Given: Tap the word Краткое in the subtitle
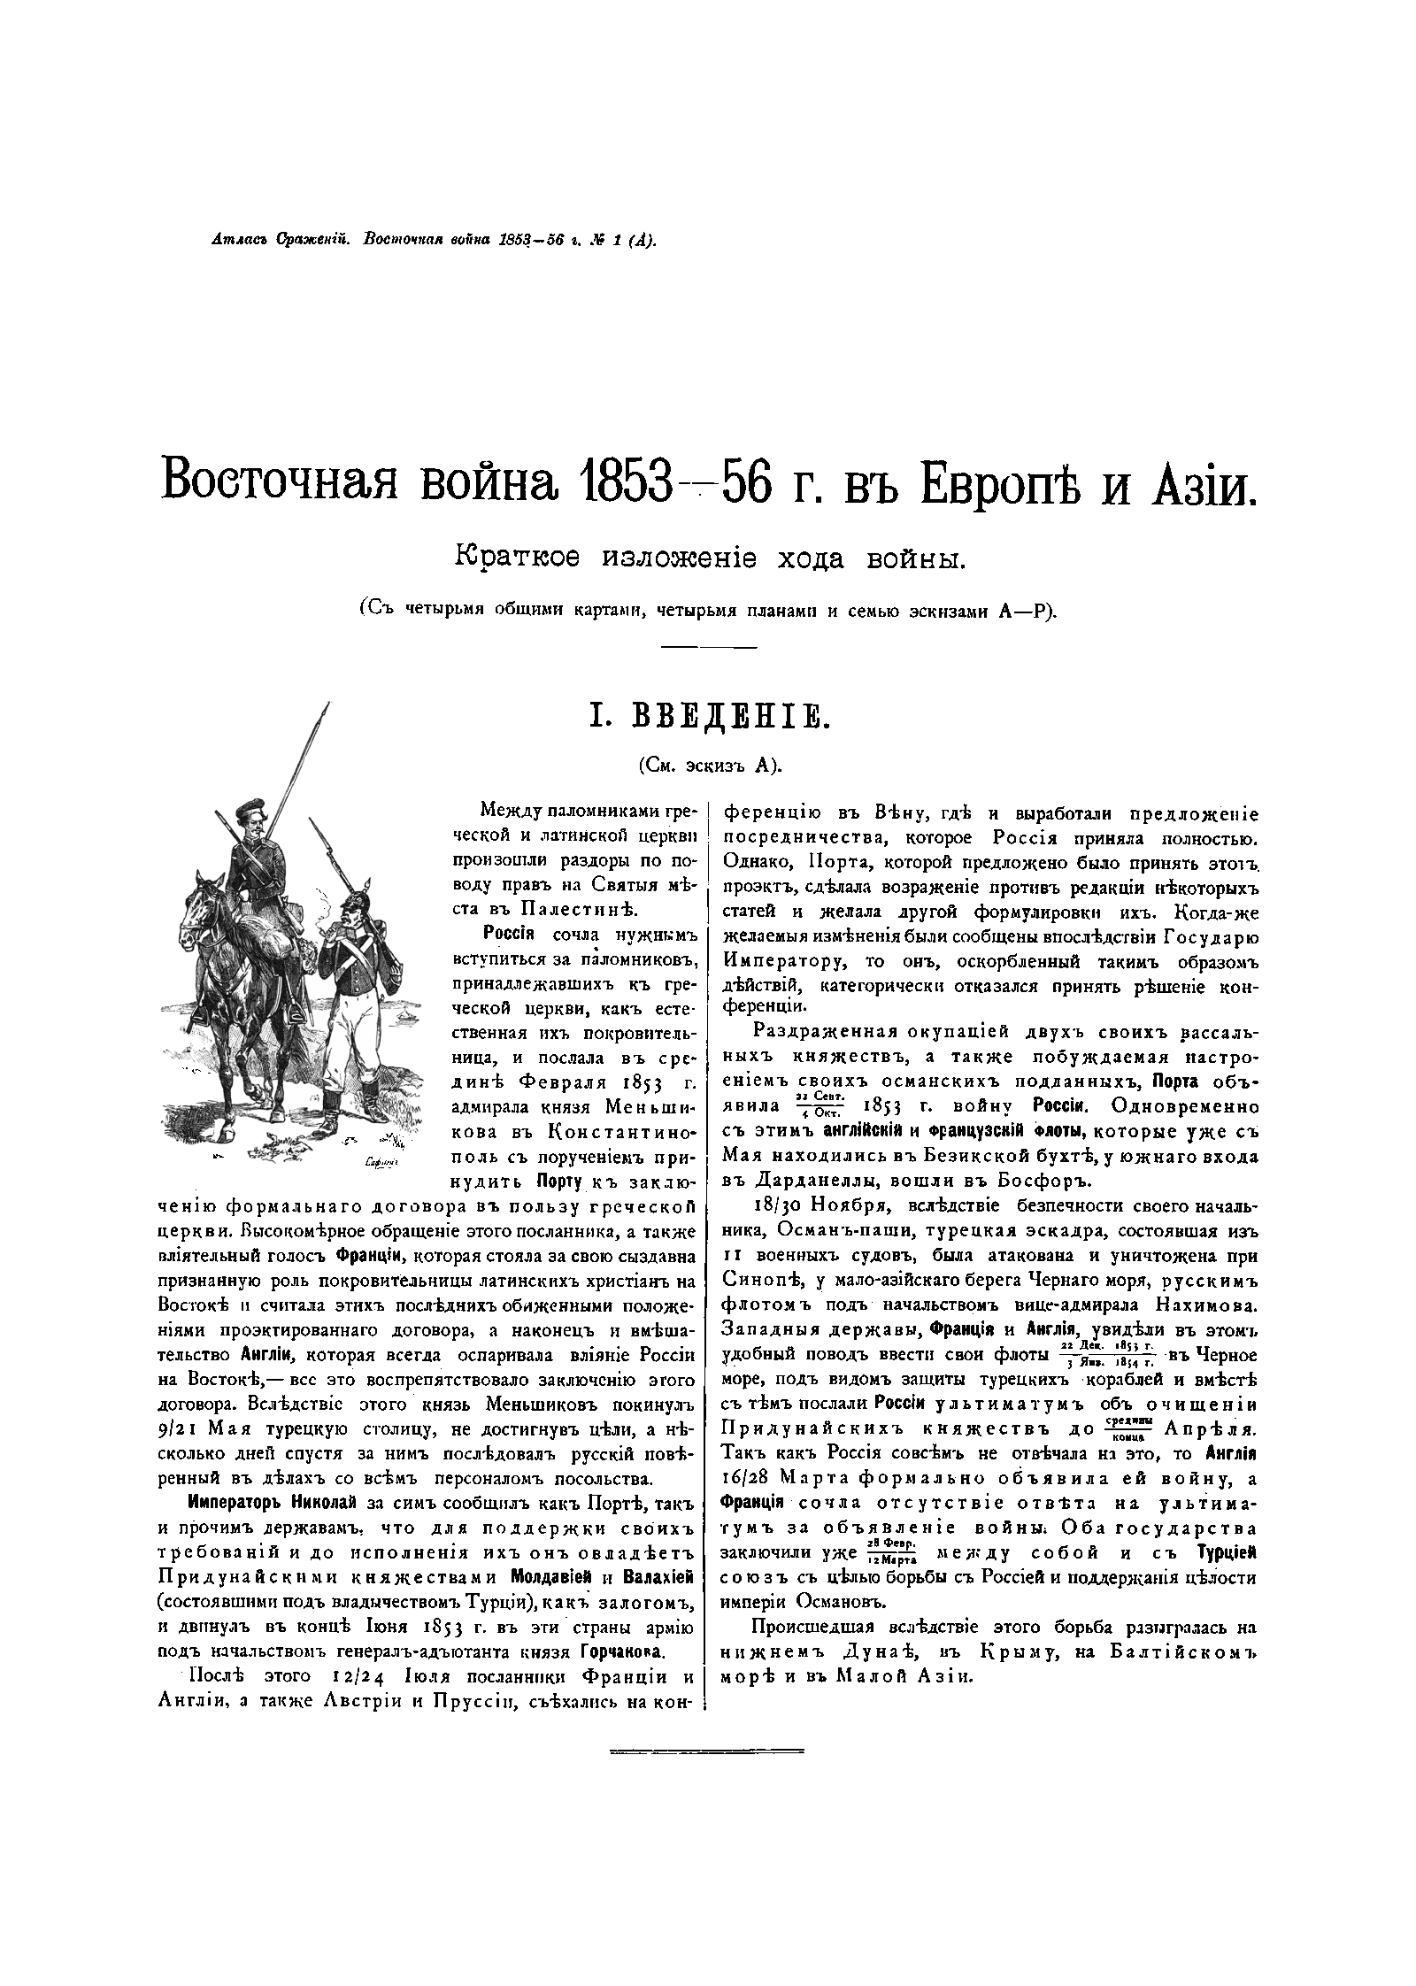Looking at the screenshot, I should tap(519, 559).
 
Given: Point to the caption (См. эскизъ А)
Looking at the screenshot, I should tap(709, 766).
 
